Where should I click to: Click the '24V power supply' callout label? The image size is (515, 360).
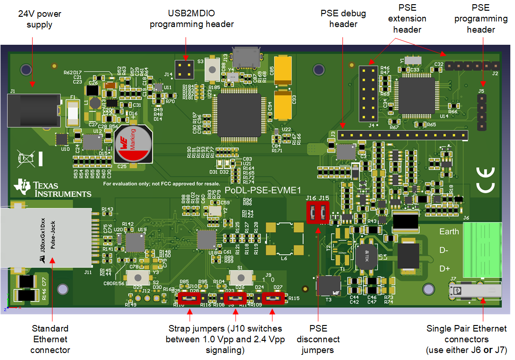coord(40,19)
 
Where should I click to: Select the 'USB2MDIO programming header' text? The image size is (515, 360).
coord(192,19)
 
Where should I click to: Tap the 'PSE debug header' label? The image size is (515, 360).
coord(343,19)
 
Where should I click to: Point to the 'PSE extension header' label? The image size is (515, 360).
coord(407,19)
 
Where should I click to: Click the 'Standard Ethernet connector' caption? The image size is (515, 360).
coord(50,339)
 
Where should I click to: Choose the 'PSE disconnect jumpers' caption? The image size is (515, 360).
coord(318,339)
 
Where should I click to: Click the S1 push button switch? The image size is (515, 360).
coord(240,277)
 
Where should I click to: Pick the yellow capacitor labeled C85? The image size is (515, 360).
coord(284,70)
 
